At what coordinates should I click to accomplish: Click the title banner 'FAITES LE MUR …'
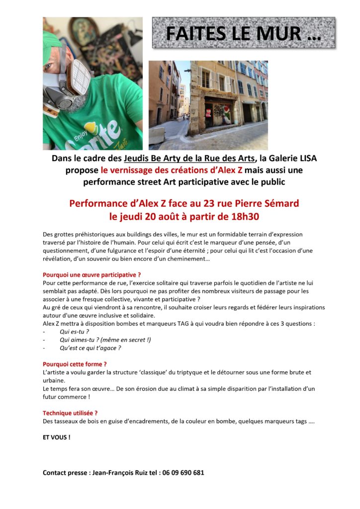(x=243, y=33)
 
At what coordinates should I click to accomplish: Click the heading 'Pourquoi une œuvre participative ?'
(x=92, y=274)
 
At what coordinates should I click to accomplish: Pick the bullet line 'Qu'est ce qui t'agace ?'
(x=90, y=348)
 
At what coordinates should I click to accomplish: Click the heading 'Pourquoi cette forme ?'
(x=75, y=364)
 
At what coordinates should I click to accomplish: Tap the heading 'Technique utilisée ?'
(x=70, y=413)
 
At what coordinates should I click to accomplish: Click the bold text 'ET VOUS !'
(x=56, y=437)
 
